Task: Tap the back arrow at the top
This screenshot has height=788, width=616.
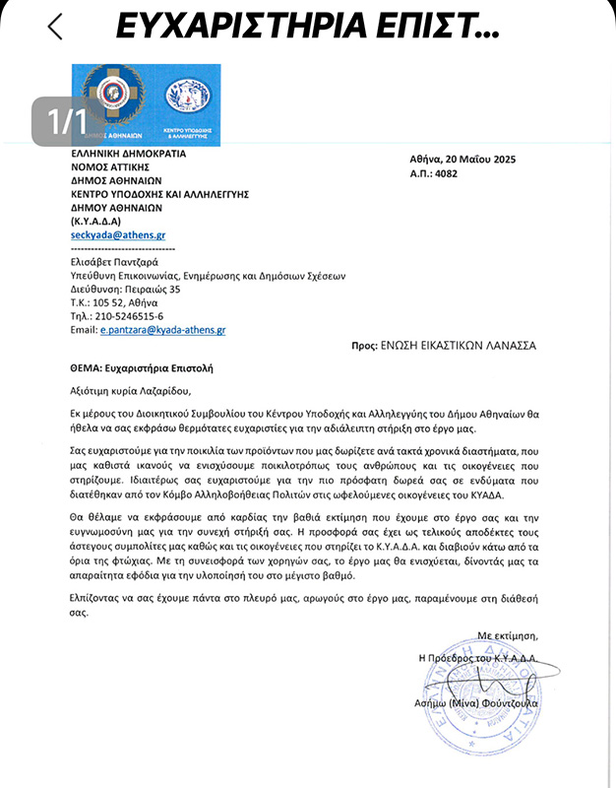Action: (55, 26)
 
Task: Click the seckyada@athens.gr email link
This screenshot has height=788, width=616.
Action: (118, 235)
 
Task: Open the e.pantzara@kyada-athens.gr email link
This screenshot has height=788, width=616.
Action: (163, 330)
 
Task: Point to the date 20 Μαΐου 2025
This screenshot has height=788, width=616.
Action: (476, 160)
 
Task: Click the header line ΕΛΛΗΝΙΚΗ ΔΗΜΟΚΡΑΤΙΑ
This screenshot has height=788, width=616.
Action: (128, 154)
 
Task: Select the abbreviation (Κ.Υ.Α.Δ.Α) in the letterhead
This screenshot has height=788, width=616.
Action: (95, 222)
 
